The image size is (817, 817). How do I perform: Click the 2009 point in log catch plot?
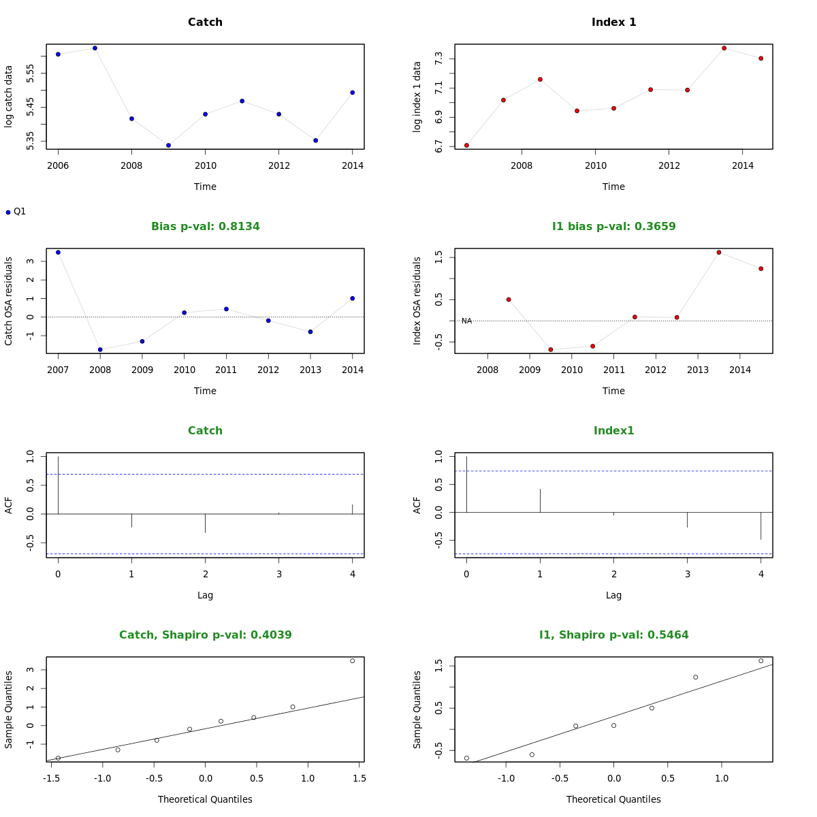[168, 145]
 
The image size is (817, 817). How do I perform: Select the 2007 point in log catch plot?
[95, 48]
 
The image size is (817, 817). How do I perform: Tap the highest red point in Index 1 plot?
[724, 48]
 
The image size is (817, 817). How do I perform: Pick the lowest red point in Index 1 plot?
[466, 145]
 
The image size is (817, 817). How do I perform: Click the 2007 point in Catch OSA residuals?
[58, 253]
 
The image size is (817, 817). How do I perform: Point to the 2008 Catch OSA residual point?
[100, 349]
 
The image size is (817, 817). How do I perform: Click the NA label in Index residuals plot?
[466, 321]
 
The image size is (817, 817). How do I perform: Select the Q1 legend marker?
[8, 212]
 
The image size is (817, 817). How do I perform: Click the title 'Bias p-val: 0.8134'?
[205, 226]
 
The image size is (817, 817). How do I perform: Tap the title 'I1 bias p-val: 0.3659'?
[613, 226]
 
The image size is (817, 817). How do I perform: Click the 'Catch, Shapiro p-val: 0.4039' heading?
[205, 635]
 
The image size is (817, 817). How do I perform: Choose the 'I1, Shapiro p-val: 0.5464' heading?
[613, 635]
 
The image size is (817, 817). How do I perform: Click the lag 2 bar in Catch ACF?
[205, 523]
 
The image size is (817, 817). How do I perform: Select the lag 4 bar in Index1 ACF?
[760, 526]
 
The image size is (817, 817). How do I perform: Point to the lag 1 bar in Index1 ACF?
[540, 500]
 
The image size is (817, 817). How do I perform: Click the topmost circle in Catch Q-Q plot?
[352, 660]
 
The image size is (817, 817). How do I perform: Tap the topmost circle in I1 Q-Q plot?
[760, 660]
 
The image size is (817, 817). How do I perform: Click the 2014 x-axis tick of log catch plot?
[352, 165]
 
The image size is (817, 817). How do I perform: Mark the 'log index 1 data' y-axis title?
[417, 97]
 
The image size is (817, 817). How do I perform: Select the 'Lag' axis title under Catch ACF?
[205, 595]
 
